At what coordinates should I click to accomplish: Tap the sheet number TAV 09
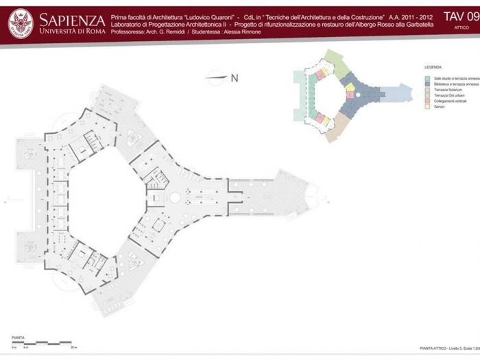tap(461, 16)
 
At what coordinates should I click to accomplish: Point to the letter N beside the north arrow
tap(234, 77)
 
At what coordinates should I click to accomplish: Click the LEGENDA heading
tap(433, 68)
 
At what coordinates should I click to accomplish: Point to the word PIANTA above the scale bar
tap(19, 337)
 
